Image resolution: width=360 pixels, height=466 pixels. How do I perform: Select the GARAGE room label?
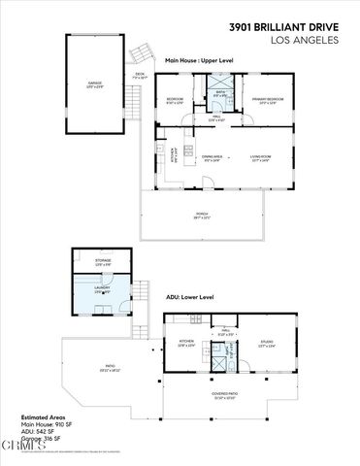(95, 84)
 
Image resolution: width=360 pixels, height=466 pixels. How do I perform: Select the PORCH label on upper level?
(202, 215)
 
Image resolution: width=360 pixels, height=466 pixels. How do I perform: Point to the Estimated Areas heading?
(44, 417)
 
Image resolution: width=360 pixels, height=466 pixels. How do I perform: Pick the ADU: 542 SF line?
(39, 432)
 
